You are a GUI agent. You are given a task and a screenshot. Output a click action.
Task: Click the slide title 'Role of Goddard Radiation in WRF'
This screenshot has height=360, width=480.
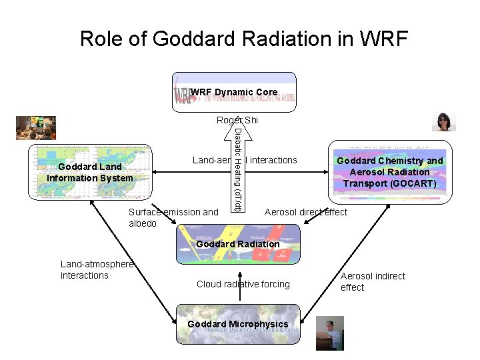(x=243, y=38)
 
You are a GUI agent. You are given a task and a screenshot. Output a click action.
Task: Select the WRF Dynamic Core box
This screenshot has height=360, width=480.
(x=234, y=91)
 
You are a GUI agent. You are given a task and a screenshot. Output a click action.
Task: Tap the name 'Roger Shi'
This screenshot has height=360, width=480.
(x=237, y=120)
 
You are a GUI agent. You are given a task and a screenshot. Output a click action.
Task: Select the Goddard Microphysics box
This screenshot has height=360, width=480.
(x=238, y=324)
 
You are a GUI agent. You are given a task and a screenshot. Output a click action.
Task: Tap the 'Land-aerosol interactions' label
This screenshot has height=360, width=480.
(x=245, y=160)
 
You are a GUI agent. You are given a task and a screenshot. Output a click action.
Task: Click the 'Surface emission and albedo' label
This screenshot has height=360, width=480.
(x=173, y=217)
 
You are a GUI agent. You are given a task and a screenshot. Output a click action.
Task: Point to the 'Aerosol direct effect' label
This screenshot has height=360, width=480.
(x=306, y=212)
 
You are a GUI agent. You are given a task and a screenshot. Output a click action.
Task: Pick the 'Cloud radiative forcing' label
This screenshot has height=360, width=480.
(x=243, y=284)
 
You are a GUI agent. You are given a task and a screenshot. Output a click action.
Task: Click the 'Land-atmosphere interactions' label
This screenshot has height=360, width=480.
(x=97, y=270)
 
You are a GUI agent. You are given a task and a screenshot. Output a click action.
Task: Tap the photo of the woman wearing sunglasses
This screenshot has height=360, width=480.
(x=443, y=122)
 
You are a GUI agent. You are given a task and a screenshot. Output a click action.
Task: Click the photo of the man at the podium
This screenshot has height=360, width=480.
(x=330, y=333)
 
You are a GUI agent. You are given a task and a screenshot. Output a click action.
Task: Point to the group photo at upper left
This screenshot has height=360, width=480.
(x=36, y=127)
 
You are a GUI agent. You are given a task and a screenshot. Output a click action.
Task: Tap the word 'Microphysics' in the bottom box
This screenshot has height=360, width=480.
(x=261, y=324)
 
